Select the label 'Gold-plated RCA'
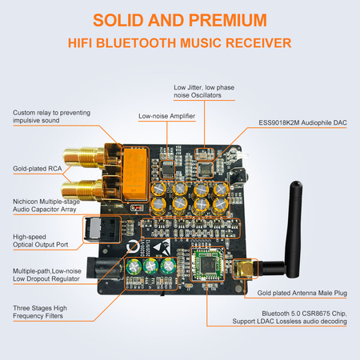click(x=38, y=168)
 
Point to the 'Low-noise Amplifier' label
click(x=166, y=116)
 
